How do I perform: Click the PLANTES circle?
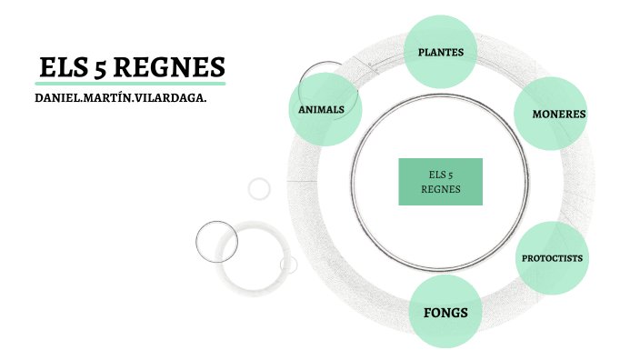click(x=441, y=52)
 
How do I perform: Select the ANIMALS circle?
click(x=325, y=110)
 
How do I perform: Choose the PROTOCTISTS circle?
click(x=552, y=258)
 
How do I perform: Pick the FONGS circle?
click(x=445, y=313)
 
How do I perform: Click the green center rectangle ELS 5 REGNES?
click(x=441, y=182)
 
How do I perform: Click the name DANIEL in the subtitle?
click(x=59, y=96)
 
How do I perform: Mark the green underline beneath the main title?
click(x=128, y=83)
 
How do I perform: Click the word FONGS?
click(x=445, y=313)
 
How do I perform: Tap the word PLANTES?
click(x=441, y=52)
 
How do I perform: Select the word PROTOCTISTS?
click(x=552, y=258)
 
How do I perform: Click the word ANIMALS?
click(x=321, y=110)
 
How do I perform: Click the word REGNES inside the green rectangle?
click(x=441, y=189)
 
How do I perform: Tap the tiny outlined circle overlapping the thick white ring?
click(x=289, y=264)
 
